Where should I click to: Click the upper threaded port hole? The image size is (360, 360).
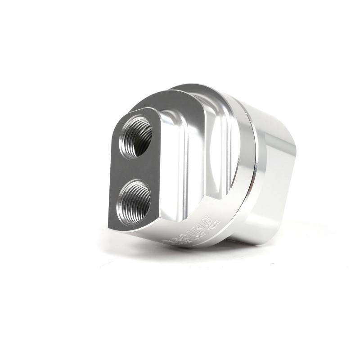(135, 137)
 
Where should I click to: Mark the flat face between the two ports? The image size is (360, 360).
(135, 168)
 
